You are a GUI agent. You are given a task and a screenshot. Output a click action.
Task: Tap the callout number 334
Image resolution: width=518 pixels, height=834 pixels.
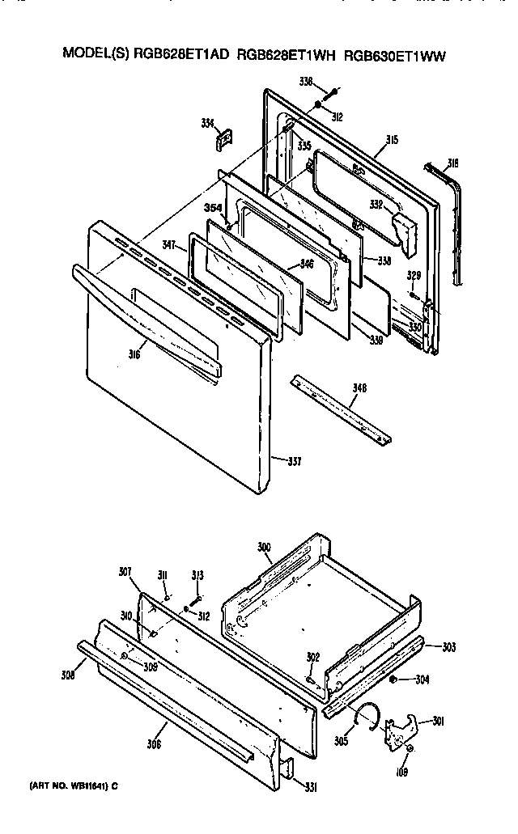[208, 123]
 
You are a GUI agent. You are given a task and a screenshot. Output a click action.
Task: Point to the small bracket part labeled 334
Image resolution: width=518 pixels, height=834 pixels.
[223, 141]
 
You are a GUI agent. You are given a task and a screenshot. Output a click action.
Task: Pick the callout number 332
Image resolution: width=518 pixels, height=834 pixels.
[376, 205]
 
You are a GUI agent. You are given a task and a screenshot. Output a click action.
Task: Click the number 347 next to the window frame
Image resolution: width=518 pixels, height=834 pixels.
[169, 243]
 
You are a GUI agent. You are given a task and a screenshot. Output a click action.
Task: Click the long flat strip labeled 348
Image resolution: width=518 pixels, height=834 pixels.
[340, 409]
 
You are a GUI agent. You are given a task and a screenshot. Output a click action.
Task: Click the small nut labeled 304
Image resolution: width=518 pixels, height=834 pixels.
[392, 679]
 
